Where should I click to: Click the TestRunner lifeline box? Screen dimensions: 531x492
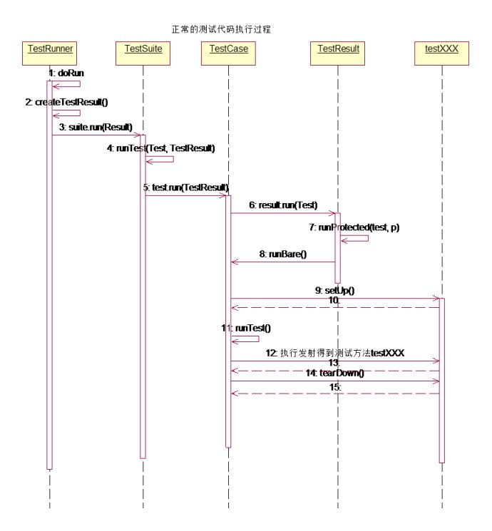pos(51,50)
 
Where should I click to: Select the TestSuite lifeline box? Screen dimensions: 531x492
pos(143,50)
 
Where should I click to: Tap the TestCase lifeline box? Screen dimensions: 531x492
pos(229,50)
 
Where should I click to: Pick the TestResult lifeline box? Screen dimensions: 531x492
pos(338,50)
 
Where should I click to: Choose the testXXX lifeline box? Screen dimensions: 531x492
pos(441,50)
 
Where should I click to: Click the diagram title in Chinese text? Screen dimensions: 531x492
pos(221,30)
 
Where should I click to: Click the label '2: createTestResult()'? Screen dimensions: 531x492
pos(66,102)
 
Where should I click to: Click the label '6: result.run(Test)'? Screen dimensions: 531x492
pos(283,205)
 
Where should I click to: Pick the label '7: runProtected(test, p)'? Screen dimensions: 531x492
pos(354,227)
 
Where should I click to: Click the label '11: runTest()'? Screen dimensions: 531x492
pos(247,328)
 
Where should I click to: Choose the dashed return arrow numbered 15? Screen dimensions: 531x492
pos(335,393)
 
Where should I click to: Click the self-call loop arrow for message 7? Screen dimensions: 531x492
pos(356,239)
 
